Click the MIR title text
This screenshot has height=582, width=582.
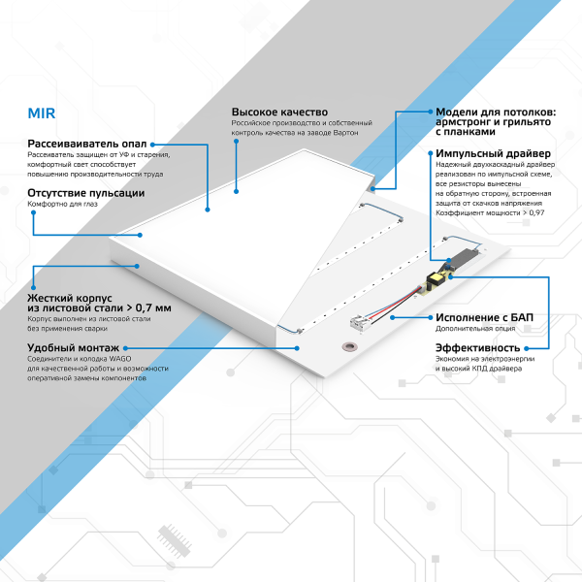coord(42,112)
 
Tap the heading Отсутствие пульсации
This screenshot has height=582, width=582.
coord(86,193)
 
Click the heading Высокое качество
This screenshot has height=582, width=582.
coord(279,113)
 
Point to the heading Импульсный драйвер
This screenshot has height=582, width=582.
coord(493,154)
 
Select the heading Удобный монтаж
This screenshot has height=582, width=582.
coord(74,347)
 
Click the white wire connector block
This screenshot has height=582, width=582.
coord(356,323)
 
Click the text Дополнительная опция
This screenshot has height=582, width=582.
coord(471,329)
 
